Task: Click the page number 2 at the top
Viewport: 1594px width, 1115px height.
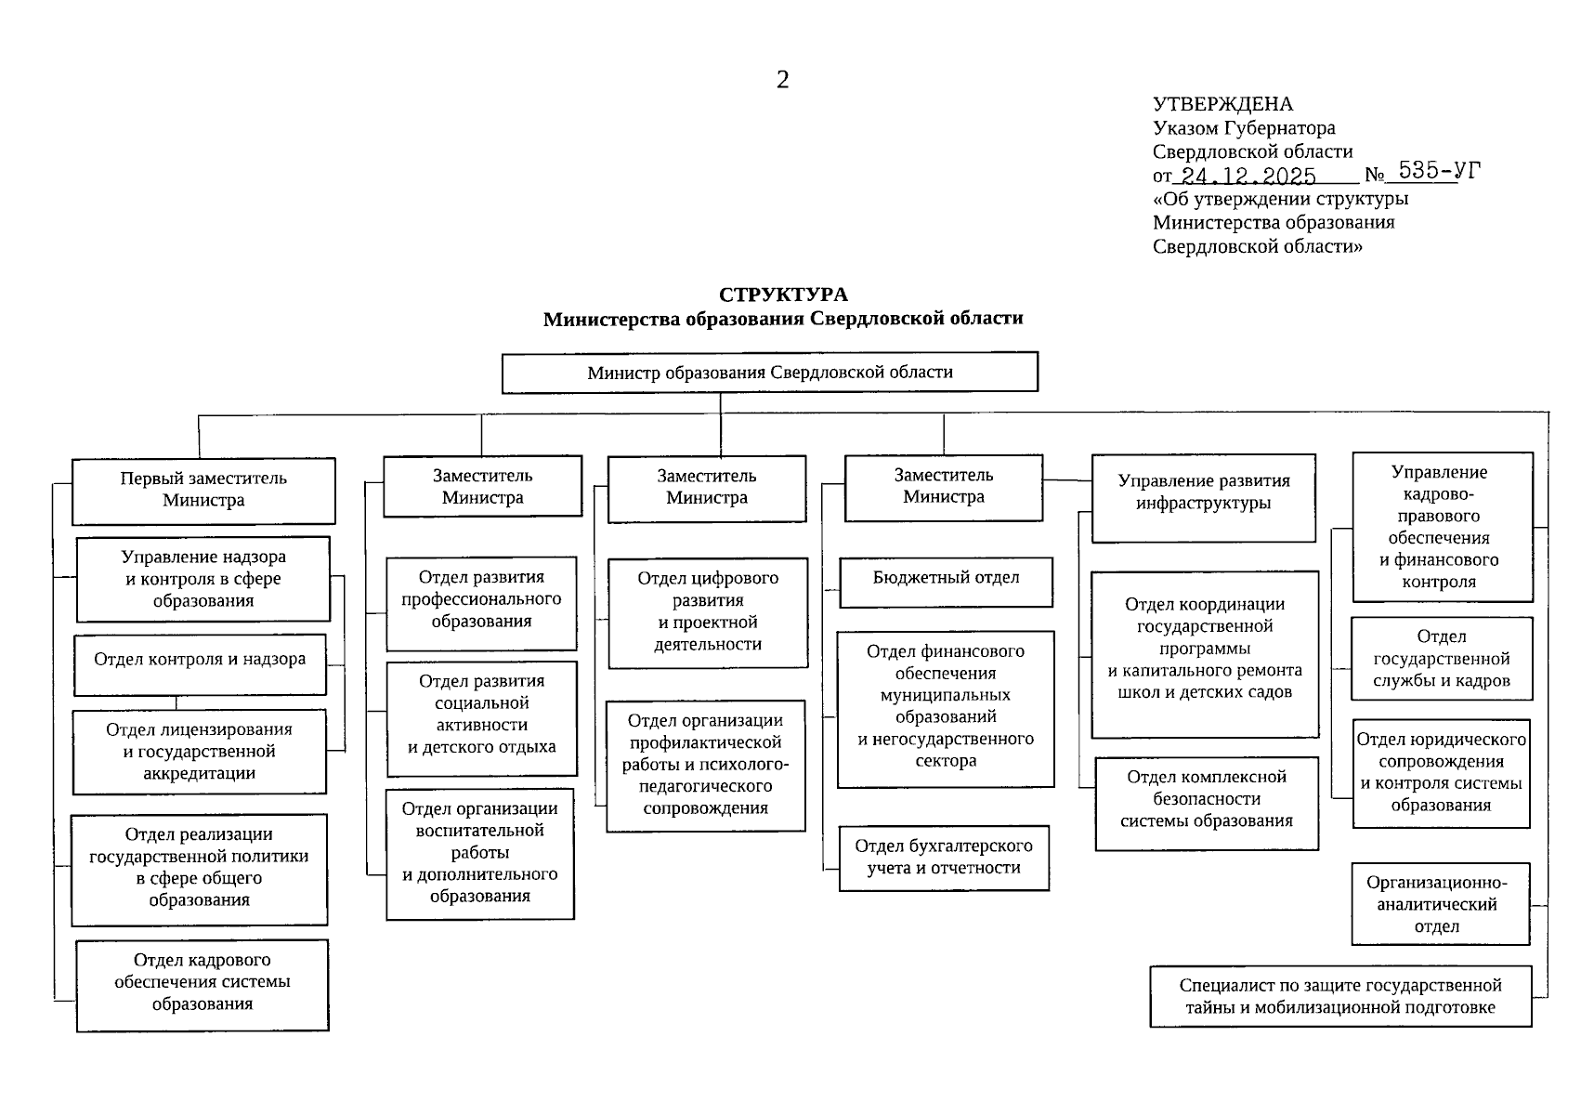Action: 782,80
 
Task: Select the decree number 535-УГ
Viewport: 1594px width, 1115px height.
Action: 1439,170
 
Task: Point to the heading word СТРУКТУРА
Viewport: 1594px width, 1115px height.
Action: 783,295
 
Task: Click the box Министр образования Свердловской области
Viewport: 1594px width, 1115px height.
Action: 769,373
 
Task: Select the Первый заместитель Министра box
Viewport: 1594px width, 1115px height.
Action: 203,490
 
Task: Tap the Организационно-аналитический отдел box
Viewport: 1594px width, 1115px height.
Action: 1439,904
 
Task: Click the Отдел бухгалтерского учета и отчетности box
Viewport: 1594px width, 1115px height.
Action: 944,858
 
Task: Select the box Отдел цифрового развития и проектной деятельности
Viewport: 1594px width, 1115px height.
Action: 707,611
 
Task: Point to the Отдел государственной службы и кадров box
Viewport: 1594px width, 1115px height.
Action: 1441,659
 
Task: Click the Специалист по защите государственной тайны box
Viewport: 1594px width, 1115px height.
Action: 1340,997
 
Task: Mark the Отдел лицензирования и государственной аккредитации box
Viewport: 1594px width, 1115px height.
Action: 199,752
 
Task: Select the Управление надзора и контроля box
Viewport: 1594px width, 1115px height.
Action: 203,579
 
